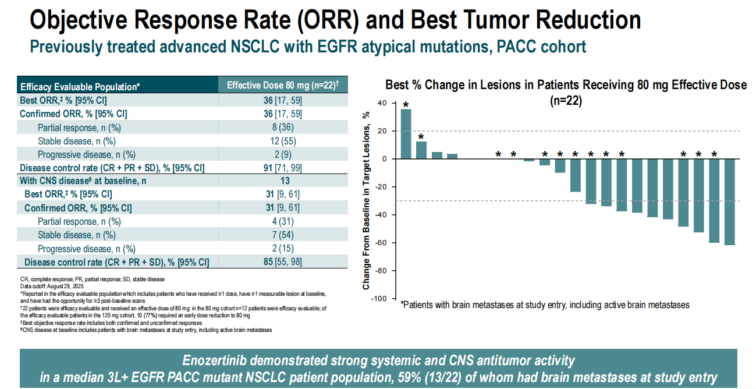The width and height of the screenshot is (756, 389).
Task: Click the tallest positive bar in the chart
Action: pos(406,134)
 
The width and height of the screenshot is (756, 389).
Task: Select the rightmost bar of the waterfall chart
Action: pos(729,202)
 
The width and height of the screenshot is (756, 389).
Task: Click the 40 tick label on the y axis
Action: pos(382,103)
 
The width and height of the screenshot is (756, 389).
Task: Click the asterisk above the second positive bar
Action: pos(421,137)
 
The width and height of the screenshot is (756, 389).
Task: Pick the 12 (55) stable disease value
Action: pos(283,141)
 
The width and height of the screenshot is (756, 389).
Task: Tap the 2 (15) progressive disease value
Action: pos(283,249)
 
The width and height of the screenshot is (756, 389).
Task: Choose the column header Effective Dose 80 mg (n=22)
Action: pos(283,85)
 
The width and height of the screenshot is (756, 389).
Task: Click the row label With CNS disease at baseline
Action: pos(83,181)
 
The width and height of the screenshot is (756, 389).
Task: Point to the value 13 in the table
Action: pos(285,181)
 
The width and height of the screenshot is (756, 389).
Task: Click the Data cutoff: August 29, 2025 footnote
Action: pos(52,287)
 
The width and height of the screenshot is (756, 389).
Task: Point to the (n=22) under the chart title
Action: pos(566,101)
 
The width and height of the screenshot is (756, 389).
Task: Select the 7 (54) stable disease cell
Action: pos(283,235)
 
